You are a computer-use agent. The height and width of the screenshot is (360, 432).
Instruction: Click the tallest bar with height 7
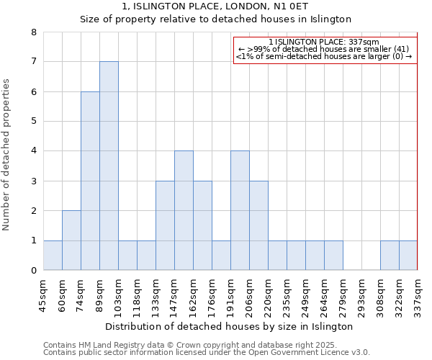tap(109, 166)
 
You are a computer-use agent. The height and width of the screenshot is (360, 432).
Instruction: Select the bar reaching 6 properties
tap(90, 181)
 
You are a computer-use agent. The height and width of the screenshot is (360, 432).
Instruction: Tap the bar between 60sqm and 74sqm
tap(71, 240)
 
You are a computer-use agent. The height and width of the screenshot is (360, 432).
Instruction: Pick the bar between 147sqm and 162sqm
tap(184, 210)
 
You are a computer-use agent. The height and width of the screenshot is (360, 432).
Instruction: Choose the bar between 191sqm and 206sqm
tap(240, 210)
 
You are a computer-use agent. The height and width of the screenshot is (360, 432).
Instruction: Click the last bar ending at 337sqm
tap(408, 256)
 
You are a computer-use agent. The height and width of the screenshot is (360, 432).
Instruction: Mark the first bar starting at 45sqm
tap(53, 256)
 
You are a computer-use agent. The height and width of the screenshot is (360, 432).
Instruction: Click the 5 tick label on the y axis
tap(34, 122)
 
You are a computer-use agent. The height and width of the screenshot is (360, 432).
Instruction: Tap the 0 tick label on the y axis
tap(34, 271)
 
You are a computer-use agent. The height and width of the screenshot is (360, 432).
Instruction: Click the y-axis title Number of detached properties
tap(7, 155)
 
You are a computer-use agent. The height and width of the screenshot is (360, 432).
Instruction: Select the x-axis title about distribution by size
tap(229, 326)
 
